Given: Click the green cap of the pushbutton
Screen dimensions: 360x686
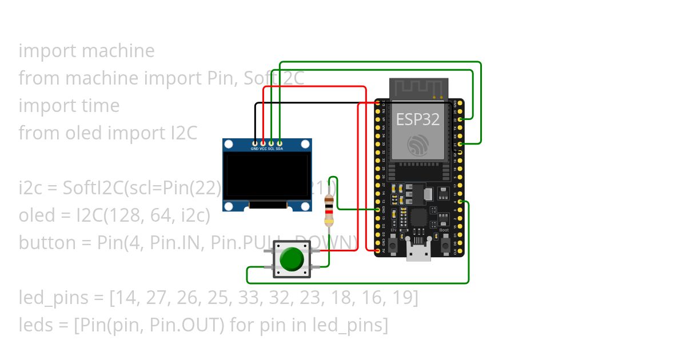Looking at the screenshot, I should (x=292, y=259).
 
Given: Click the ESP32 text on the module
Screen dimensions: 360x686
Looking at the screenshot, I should (x=418, y=119).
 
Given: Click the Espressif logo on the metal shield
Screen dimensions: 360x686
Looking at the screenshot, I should (x=418, y=145).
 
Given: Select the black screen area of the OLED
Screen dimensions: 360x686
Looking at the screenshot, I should (x=267, y=175).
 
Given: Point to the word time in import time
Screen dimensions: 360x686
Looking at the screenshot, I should (x=101, y=106).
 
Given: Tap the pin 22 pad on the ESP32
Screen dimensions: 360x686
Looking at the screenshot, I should (x=460, y=119).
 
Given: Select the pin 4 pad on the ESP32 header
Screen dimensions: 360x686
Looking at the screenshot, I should (x=460, y=201).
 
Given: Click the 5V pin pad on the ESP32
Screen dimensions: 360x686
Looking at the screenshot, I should (x=378, y=250).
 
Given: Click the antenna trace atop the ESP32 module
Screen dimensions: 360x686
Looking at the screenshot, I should (x=418, y=87).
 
